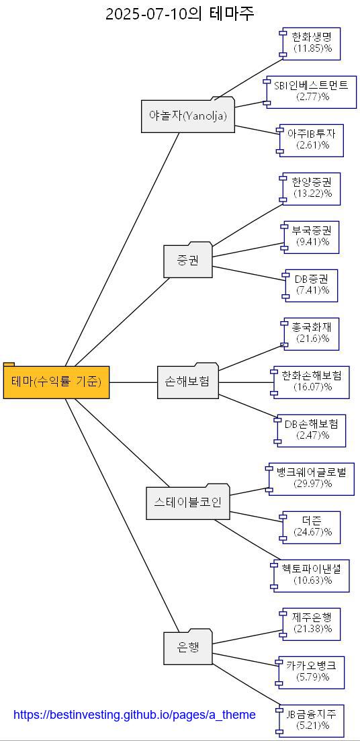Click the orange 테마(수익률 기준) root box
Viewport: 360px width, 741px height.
(x=56, y=382)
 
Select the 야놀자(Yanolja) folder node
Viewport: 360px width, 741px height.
(x=188, y=116)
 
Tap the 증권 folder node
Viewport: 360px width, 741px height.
(x=188, y=261)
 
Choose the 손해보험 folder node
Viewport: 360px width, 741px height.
(x=188, y=382)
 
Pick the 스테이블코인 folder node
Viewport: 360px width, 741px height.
(x=188, y=503)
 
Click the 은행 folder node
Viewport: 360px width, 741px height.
(x=188, y=648)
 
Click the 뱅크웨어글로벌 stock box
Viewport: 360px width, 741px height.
(x=312, y=478)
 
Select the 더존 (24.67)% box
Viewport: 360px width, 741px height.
(x=312, y=527)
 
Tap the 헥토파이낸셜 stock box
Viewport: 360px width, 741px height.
(x=312, y=575)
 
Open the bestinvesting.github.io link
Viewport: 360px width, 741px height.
(x=134, y=715)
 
